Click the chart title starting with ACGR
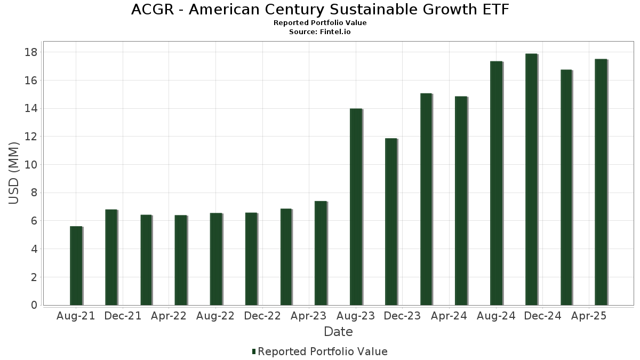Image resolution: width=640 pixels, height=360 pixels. point(320,10)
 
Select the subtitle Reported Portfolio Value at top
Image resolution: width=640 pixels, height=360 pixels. point(320,23)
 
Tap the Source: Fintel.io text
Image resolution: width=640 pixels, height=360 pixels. point(320,32)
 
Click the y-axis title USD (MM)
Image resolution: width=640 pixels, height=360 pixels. point(14,173)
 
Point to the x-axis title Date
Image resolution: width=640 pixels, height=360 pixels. point(338,332)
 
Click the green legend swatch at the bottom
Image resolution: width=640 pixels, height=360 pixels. point(254,351)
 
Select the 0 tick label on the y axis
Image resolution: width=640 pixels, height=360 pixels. point(34,305)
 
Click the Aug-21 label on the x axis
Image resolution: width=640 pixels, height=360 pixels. point(76,316)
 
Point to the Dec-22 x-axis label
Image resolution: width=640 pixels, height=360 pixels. point(262,316)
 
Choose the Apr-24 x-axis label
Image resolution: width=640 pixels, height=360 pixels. point(449,316)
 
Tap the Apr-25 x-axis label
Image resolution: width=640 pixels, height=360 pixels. point(589,316)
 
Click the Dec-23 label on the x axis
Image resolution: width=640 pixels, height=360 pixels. point(402,316)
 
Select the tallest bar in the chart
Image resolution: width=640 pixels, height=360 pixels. point(531,179)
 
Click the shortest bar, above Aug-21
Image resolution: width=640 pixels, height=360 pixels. point(76,266)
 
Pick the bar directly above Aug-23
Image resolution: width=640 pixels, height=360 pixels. point(356,207)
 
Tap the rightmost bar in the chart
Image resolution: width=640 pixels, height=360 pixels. point(601,182)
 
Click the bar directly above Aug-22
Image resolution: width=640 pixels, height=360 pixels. point(215,259)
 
